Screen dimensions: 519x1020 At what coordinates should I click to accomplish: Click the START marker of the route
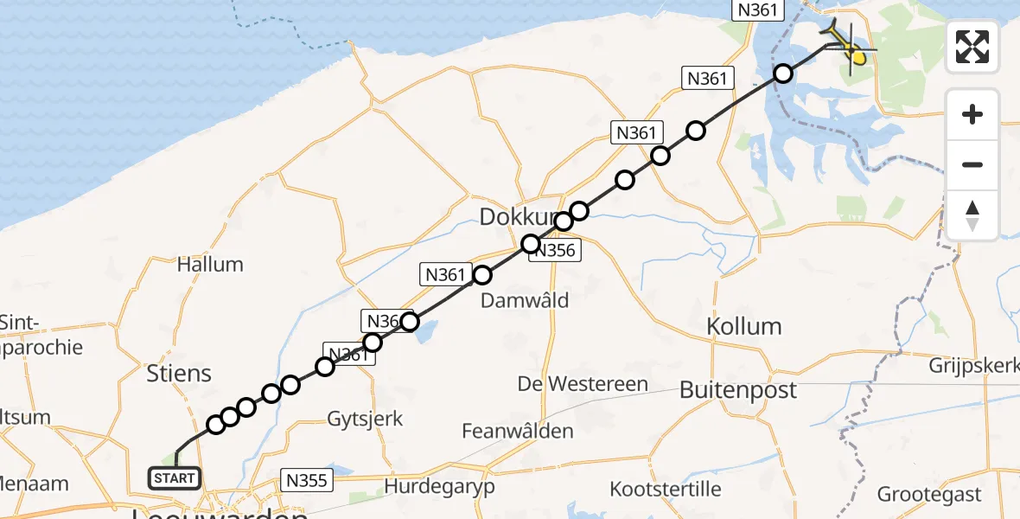[x=175, y=477]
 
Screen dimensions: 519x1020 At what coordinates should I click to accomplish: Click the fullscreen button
[x=972, y=47]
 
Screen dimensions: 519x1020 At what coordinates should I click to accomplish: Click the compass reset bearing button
[x=972, y=215]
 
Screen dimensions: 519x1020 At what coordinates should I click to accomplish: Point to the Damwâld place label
[x=525, y=299]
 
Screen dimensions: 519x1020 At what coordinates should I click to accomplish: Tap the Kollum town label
[x=743, y=326]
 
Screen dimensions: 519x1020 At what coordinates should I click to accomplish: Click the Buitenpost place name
[x=737, y=389]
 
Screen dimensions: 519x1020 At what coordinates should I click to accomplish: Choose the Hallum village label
[x=210, y=264]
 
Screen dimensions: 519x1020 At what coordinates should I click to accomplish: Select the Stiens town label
[x=180, y=374]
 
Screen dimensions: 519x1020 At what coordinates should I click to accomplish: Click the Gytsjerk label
[x=365, y=420]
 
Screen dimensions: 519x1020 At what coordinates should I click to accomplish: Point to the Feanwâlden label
[x=518, y=430]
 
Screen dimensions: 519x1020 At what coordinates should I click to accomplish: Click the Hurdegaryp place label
[x=440, y=486]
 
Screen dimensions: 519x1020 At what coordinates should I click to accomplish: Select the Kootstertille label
[x=666, y=489]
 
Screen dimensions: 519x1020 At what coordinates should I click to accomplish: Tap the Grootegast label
[x=929, y=495]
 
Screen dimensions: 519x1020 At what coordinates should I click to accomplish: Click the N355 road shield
[x=306, y=479]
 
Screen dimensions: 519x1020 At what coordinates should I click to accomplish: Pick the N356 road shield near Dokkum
[x=556, y=251]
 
